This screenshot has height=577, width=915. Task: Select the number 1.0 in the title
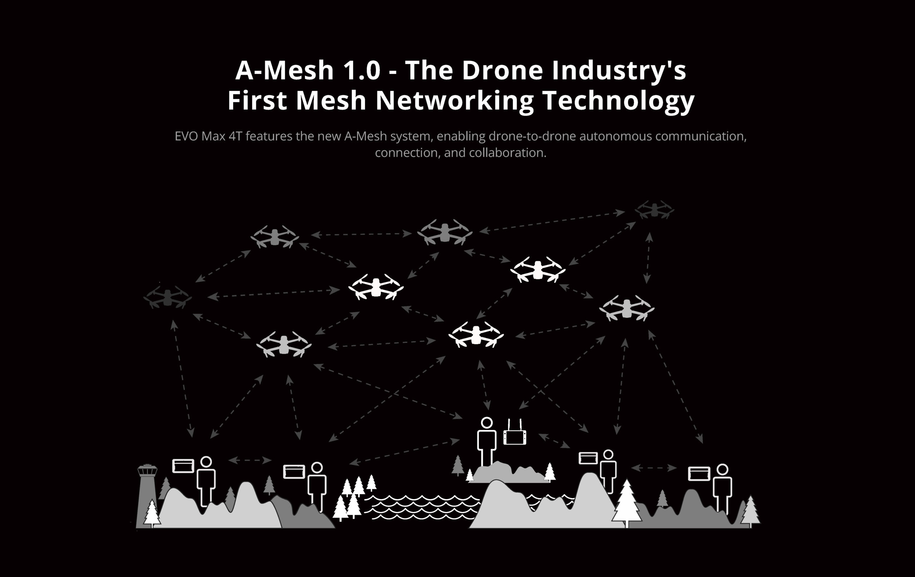pos(361,70)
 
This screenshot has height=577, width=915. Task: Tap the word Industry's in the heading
pos(619,70)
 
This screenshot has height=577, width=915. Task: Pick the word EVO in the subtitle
pos(186,136)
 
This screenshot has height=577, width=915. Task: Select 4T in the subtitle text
pos(235,136)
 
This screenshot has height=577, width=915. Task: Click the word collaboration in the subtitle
pos(507,153)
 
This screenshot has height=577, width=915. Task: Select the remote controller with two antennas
pos(515,433)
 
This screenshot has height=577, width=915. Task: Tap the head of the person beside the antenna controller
pos(487,423)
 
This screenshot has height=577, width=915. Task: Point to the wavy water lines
pos(422,507)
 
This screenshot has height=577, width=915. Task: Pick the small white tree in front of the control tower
pos(152,514)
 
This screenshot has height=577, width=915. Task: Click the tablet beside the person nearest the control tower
pos(183,465)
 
